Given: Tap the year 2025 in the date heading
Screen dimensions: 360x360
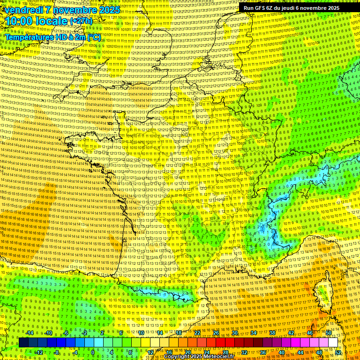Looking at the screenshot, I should click(x=110, y=10).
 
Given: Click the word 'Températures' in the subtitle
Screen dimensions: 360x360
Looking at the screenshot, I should click(x=28, y=37).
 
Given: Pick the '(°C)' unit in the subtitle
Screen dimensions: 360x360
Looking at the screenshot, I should click(x=94, y=37).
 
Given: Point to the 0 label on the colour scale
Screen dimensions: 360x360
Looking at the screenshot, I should click(x=93, y=352).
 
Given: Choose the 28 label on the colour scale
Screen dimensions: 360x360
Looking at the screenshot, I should click(x=225, y=352).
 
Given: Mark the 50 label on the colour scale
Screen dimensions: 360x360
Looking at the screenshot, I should click(x=329, y=333).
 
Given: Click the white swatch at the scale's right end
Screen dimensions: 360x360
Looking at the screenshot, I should click(x=333, y=343).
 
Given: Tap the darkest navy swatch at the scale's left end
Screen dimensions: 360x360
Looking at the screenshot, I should click(x=23, y=343).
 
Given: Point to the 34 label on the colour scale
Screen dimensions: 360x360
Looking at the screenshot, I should click(x=254, y=333).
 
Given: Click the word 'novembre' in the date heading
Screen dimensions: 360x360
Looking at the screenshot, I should click(x=74, y=10).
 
